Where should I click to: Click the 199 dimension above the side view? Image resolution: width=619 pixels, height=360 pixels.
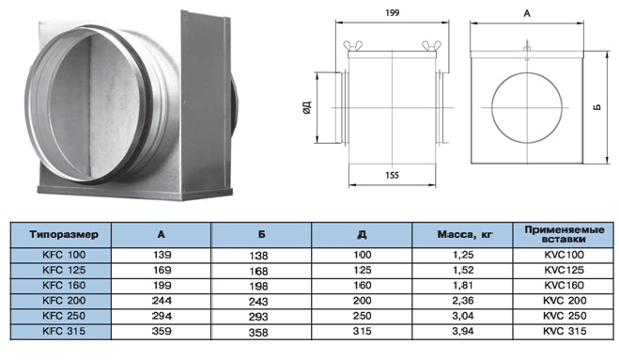point(392,13)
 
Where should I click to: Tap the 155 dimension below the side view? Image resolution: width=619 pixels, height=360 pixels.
point(392,175)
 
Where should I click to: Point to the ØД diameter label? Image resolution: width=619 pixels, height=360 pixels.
point(307,107)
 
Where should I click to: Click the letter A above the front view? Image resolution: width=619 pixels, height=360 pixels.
point(527,14)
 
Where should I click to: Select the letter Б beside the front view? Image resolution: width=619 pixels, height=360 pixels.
point(597,107)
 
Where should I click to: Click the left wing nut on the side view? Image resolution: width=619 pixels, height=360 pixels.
point(352,45)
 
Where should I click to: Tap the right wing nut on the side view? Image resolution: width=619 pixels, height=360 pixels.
point(431,45)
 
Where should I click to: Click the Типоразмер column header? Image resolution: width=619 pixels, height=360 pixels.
point(64,235)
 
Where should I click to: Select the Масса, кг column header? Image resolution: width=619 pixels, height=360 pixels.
point(465,235)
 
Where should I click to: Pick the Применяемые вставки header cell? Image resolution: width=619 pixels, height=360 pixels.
point(565,235)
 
